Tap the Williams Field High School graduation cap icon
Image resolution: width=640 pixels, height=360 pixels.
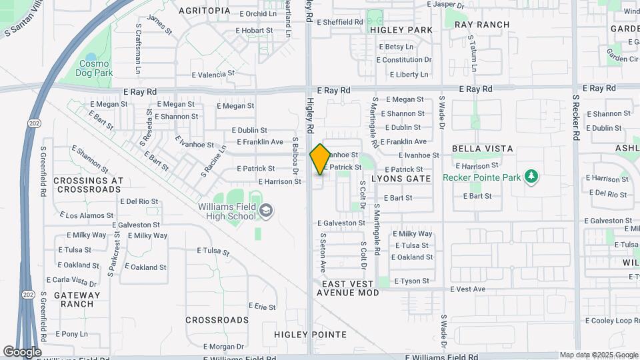(x=265, y=211)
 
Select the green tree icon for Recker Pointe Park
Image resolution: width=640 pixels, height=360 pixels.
(x=531, y=177)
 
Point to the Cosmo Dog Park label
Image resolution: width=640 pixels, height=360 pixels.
(x=93, y=67)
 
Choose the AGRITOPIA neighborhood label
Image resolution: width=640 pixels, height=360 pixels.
(x=205, y=11)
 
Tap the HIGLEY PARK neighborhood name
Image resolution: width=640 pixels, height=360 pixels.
(x=401, y=30)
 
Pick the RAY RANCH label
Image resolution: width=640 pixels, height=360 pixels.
(x=482, y=25)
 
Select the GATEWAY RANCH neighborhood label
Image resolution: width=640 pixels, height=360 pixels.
(x=77, y=299)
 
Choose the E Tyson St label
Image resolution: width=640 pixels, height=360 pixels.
(x=411, y=281)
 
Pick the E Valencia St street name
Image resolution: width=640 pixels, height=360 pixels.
(x=213, y=74)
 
